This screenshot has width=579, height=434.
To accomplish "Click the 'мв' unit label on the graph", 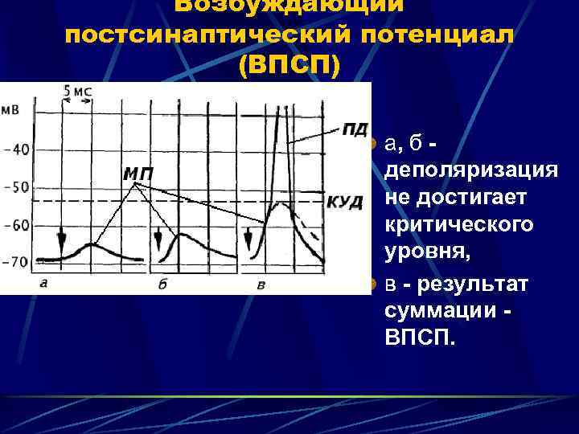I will (x=11, y=109).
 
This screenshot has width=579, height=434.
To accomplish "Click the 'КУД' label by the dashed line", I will (x=344, y=202).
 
